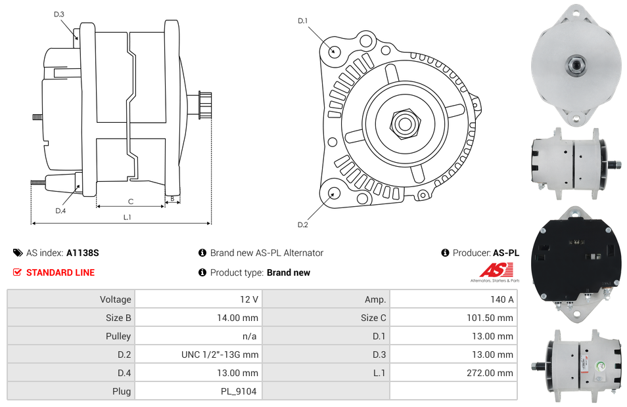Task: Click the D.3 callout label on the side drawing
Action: click(x=59, y=14)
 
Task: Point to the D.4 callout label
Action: click(x=60, y=211)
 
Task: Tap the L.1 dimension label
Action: click(x=128, y=217)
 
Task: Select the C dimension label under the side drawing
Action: click(x=131, y=201)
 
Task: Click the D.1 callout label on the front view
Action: click(x=302, y=21)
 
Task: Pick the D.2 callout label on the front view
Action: click(x=302, y=225)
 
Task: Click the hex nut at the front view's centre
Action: click(x=404, y=123)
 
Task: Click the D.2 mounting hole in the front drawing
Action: click(x=333, y=193)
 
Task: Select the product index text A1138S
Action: click(x=83, y=253)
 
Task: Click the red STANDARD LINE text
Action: click(x=60, y=272)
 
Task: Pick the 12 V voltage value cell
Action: click(x=249, y=299)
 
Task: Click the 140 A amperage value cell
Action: click(x=502, y=299)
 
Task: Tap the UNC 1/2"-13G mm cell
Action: click(x=220, y=354)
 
